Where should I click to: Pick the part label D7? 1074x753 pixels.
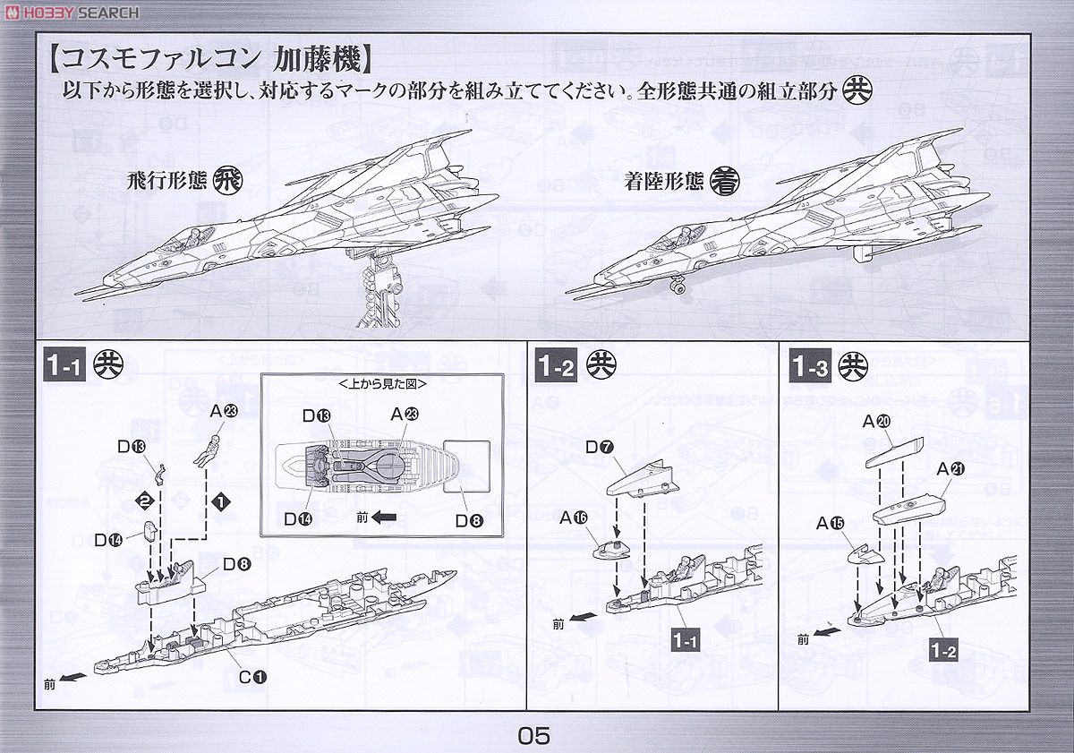click(600, 446)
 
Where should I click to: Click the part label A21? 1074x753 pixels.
click(950, 468)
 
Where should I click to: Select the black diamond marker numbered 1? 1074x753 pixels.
click(218, 498)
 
